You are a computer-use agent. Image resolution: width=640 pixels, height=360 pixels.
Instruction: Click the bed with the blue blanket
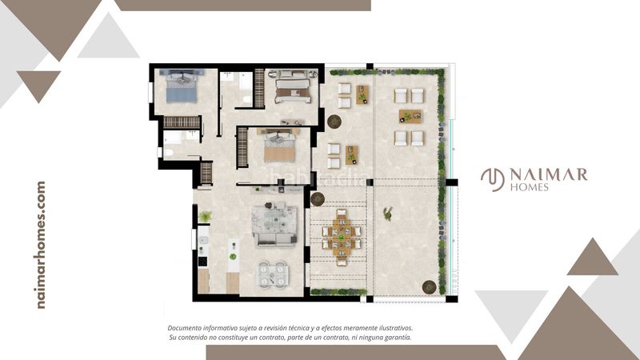click(x=182, y=86)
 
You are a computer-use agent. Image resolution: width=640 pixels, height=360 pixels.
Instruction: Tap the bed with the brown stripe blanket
click(x=293, y=87)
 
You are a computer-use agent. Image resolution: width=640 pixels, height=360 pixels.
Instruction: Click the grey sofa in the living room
click(x=274, y=226)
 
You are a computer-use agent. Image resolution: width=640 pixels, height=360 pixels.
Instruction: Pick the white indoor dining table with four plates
click(x=272, y=274)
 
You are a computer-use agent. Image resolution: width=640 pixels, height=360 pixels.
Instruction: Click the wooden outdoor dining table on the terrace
click(x=342, y=237)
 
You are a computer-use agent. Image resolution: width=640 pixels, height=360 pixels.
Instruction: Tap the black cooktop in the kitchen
click(x=202, y=261)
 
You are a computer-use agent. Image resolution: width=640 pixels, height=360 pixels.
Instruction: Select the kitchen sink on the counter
click(x=203, y=241)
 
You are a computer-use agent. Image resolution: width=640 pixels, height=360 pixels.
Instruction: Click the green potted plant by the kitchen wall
click(x=205, y=216)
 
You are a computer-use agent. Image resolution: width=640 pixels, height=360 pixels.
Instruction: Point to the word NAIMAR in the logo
click(x=549, y=174)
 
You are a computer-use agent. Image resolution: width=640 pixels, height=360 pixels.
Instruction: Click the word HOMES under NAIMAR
click(x=530, y=187)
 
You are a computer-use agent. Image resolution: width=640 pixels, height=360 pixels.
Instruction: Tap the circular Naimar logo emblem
click(x=493, y=179)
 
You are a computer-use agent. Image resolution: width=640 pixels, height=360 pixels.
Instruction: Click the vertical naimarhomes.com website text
click(x=41, y=245)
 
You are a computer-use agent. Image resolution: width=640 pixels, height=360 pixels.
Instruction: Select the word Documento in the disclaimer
click(x=184, y=328)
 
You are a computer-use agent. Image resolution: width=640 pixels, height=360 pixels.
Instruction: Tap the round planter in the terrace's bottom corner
click(x=429, y=287)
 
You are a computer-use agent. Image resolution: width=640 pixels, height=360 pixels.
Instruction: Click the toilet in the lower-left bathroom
click(x=168, y=153)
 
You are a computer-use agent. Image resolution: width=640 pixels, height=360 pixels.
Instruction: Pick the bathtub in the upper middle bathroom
click(x=246, y=82)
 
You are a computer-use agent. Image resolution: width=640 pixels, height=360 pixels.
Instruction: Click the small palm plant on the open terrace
click(x=388, y=214)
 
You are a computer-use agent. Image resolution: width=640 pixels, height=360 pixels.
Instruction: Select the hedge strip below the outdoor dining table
click(x=338, y=292)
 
